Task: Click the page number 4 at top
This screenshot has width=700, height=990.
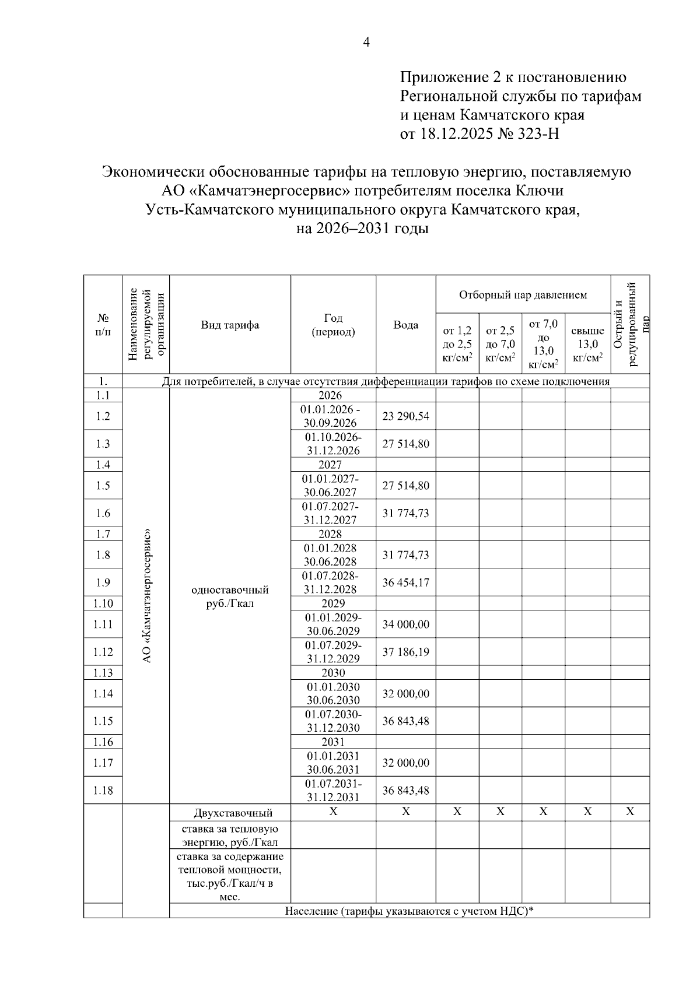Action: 367,42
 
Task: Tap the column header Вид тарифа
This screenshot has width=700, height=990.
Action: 230,325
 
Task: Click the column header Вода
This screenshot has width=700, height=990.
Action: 405,325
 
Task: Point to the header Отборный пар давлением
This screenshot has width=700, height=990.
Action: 523,295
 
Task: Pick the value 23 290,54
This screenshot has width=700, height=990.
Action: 405,416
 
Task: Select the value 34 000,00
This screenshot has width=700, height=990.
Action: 405,624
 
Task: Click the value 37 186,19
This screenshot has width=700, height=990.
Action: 405,652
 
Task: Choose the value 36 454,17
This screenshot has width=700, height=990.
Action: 405,582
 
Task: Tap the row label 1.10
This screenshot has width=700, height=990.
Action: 103,603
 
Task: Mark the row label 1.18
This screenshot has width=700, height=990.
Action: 103,791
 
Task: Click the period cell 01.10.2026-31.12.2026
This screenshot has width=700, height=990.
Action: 333,444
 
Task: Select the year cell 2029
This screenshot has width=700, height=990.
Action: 333,603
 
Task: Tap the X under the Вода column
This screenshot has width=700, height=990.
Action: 406,812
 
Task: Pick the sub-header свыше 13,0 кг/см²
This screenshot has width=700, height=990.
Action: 587,344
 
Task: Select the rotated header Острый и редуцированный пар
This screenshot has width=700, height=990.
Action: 630,324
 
